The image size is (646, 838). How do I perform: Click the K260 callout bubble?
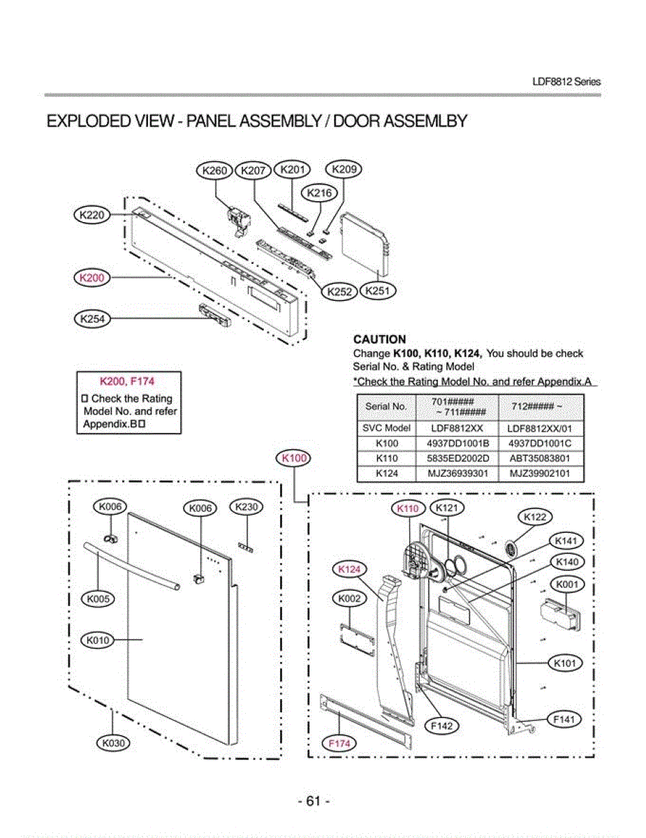click(x=214, y=170)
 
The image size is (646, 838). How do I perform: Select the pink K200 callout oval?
click(x=92, y=278)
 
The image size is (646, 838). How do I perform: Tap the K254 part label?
click(x=92, y=319)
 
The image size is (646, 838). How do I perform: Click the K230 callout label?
click(x=246, y=507)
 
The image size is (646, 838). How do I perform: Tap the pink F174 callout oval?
click(x=339, y=744)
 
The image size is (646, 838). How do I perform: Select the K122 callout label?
click(x=535, y=517)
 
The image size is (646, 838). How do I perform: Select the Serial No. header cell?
click(x=386, y=406)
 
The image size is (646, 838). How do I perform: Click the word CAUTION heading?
click(x=380, y=340)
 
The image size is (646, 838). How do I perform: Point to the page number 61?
click(x=314, y=801)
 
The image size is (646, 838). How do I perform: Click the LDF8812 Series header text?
click(x=566, y=82)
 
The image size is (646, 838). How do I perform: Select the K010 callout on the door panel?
click(x=98, y=639)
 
